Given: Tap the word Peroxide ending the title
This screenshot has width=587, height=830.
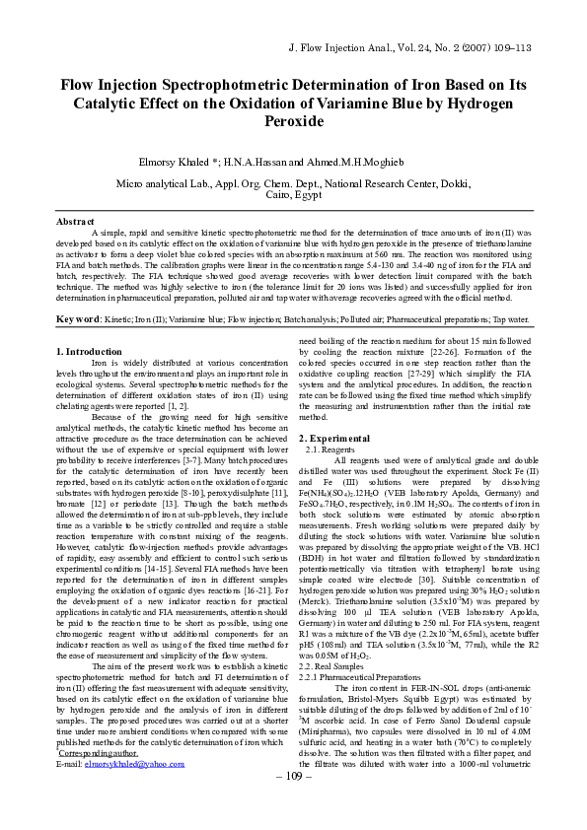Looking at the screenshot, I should [x=293, y=121].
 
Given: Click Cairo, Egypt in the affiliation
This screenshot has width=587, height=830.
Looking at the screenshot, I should [x=293, y=195].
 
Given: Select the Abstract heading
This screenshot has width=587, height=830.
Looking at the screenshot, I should [x=76, y=222].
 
